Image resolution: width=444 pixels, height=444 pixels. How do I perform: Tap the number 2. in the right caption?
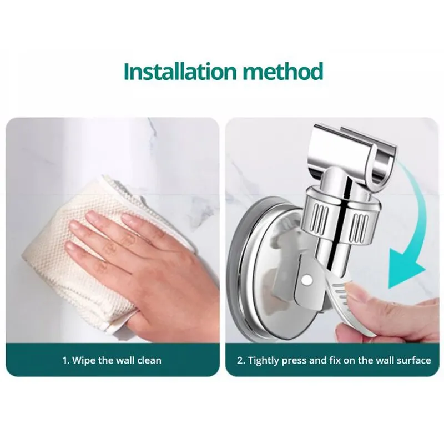click(241, 360)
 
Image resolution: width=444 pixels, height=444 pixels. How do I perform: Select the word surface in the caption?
click(413, 360)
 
